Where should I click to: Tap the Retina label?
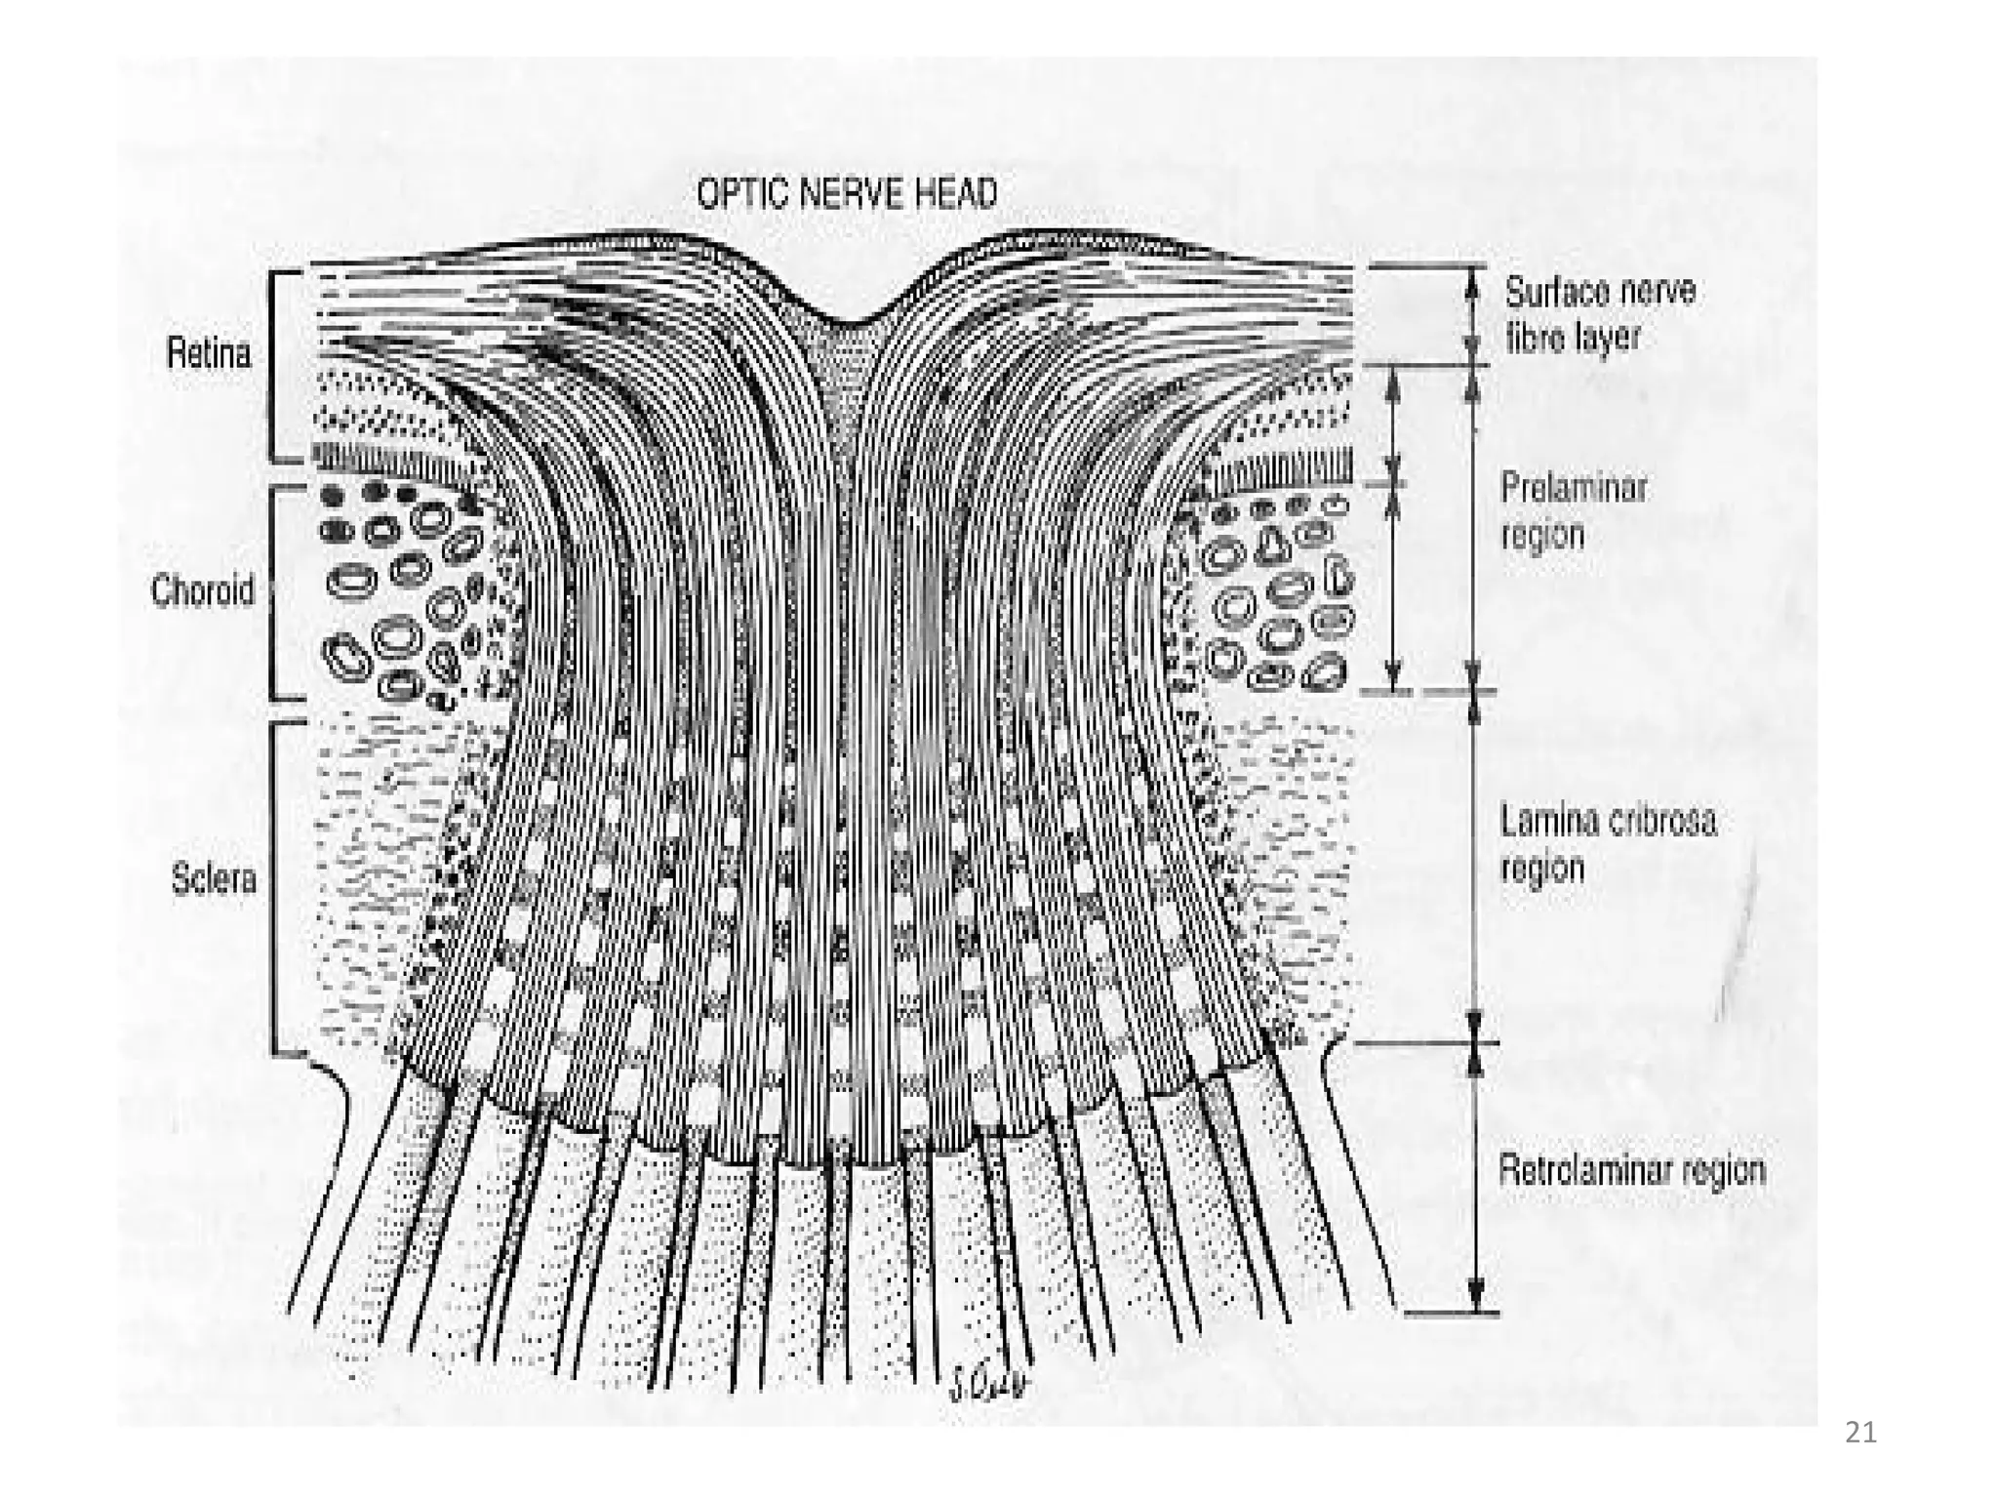[x=208, y=352]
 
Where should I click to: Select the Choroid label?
[x=202, y=590]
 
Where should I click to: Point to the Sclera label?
[x=214, y=879]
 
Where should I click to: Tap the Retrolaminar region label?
[x=1631, y=1169]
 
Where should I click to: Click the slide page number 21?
[x=1860, y=1433]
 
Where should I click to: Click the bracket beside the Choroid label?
[x=272, y=592]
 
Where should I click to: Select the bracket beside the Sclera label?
[x=274, y=888]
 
